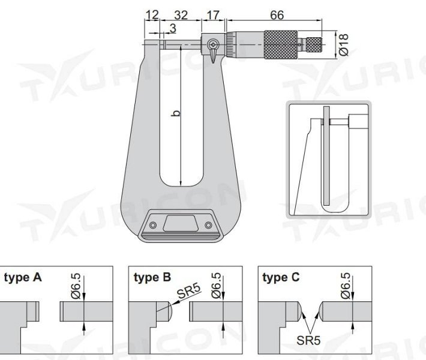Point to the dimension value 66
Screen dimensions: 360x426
pos(277,16)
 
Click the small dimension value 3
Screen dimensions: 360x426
pos(172,28)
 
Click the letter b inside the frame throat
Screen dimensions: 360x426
pos(176,112)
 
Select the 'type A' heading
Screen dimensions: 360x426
pos(23,278)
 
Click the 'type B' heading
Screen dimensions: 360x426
pos(152,278)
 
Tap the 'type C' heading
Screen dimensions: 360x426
pos(282,278)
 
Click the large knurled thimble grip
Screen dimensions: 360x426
pos(280,43)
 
